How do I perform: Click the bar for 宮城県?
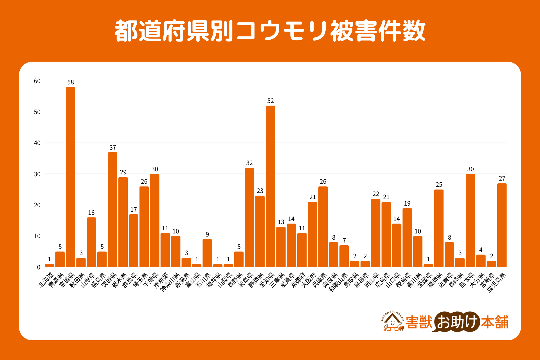pos(70,177)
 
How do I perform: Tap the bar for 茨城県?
pos(112,210)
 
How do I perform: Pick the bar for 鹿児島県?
pos(502,225)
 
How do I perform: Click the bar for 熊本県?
pos(470,220)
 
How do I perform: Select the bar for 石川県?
pos(207,253)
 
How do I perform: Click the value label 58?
pos(71,82)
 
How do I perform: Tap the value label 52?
pos(271,101)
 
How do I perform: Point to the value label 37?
pos(113,148)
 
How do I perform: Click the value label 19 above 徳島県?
pos(407,203)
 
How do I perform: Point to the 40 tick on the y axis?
pos(37,143)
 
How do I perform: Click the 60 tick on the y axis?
pos(37,81)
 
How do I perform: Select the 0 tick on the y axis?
pos(39,267)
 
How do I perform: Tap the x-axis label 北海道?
pos(46,280)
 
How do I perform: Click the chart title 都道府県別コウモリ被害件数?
pos(270,31)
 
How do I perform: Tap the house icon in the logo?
pos(392,322)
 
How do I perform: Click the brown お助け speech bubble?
pos(457,322)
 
